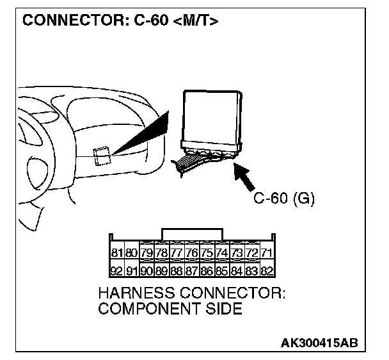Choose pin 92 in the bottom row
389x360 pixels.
[117, 270]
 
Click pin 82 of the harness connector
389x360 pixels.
[267, 270]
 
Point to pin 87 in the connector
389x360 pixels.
[192, 270]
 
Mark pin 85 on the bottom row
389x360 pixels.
[222, 270]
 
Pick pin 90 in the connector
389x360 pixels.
[147, 270]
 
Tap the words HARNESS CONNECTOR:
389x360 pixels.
[192, 294]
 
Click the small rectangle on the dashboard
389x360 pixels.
[101, 155]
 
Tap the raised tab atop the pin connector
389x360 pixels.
[193, 234]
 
